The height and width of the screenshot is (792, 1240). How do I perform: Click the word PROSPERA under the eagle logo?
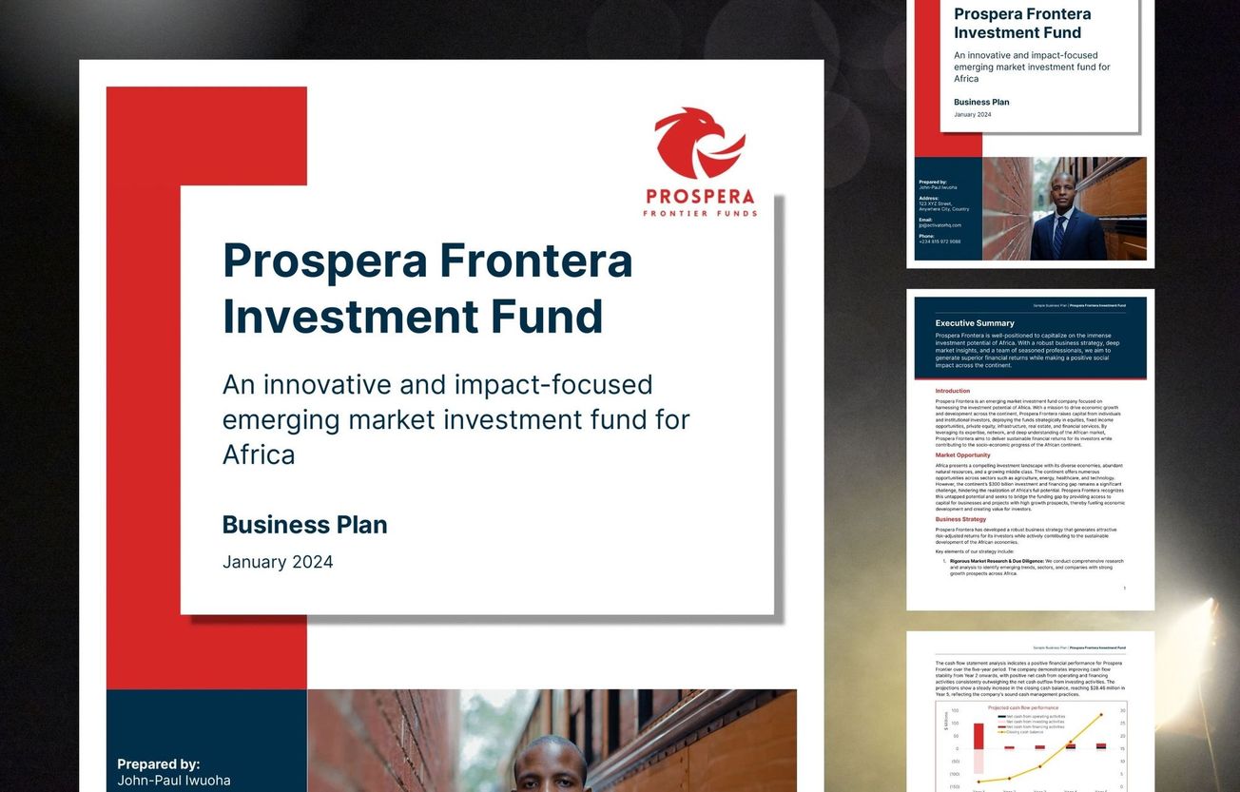pyautogui.click(x=700, y=198)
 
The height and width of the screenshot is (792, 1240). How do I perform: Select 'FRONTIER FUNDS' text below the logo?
pyautogui.click(x=700, y=214)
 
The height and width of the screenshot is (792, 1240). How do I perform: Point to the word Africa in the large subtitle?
pyautogui.click(x=259, y=454)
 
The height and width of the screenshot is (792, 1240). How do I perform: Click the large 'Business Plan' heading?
pyautogui.click(x=304, y=525)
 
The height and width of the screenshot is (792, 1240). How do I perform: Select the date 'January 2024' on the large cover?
pyautogui.click(x=278, y=562)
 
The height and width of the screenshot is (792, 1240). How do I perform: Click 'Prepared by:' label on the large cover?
pyautogui.click(x=158, y=764)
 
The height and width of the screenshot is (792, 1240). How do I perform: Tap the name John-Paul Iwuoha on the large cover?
pyautogui.click(x=173, y=781)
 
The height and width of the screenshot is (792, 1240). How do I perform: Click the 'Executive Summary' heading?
pyautogui.click(x=975, y=323)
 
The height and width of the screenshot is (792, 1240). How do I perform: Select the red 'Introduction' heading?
pyautogui.click(x=952, y=391)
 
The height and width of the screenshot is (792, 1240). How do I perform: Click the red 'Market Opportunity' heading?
pyautogui.click(x=962, y=455)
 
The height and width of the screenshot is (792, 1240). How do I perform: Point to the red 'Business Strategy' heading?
pyautogui.click(x=960, y=520)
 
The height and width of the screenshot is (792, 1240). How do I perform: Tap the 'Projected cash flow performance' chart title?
pyautogui.click(x=1022, y=708)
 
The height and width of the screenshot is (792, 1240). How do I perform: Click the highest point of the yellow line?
pyautogui.click(x=1101, y=715)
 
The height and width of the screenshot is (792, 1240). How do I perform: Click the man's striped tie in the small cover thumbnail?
pyautogui.click(x=1058, y=235)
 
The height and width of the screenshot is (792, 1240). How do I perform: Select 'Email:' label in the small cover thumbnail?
pyautogui.click(x=925, y=220)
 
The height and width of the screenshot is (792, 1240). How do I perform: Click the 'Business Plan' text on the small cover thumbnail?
pyautogui.click(x=981, y=102)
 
